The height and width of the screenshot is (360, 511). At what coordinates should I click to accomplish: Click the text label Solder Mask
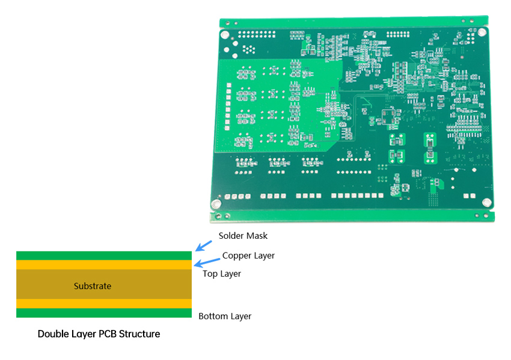tap(243, 236)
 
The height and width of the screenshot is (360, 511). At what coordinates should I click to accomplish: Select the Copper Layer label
tap(248, 256)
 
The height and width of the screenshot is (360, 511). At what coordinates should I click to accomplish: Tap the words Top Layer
tap(222, 274)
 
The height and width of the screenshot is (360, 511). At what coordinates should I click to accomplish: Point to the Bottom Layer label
tap(225, 316)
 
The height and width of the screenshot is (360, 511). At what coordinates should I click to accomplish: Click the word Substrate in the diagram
tap(93, 286)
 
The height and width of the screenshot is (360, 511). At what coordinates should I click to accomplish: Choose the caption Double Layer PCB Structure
tap(99, 334)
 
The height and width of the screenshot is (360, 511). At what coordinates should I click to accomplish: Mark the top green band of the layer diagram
tap(103, 256)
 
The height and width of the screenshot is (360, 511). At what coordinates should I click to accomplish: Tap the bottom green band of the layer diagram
tap(103, 313)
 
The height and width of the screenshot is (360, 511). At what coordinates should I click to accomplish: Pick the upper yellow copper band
tap(103, 265)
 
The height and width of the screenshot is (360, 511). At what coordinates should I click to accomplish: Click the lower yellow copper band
tap(103, 304)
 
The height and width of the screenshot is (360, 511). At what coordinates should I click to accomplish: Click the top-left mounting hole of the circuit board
tap(226, 35)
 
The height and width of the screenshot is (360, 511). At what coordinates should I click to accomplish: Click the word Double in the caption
tap(52, 334)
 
